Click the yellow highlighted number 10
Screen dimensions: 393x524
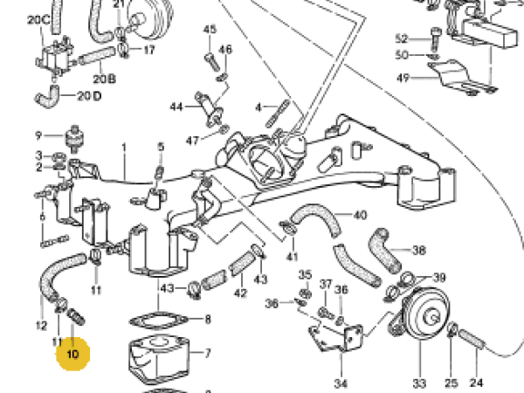72,355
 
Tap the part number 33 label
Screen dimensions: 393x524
418,383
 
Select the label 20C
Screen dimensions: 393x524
38,18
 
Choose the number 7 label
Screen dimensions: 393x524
207,355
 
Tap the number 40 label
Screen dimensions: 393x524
360,215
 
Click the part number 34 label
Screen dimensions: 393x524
341,383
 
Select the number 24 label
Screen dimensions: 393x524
476,383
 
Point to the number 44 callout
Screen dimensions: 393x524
176,107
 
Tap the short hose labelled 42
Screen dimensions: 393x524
241,267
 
